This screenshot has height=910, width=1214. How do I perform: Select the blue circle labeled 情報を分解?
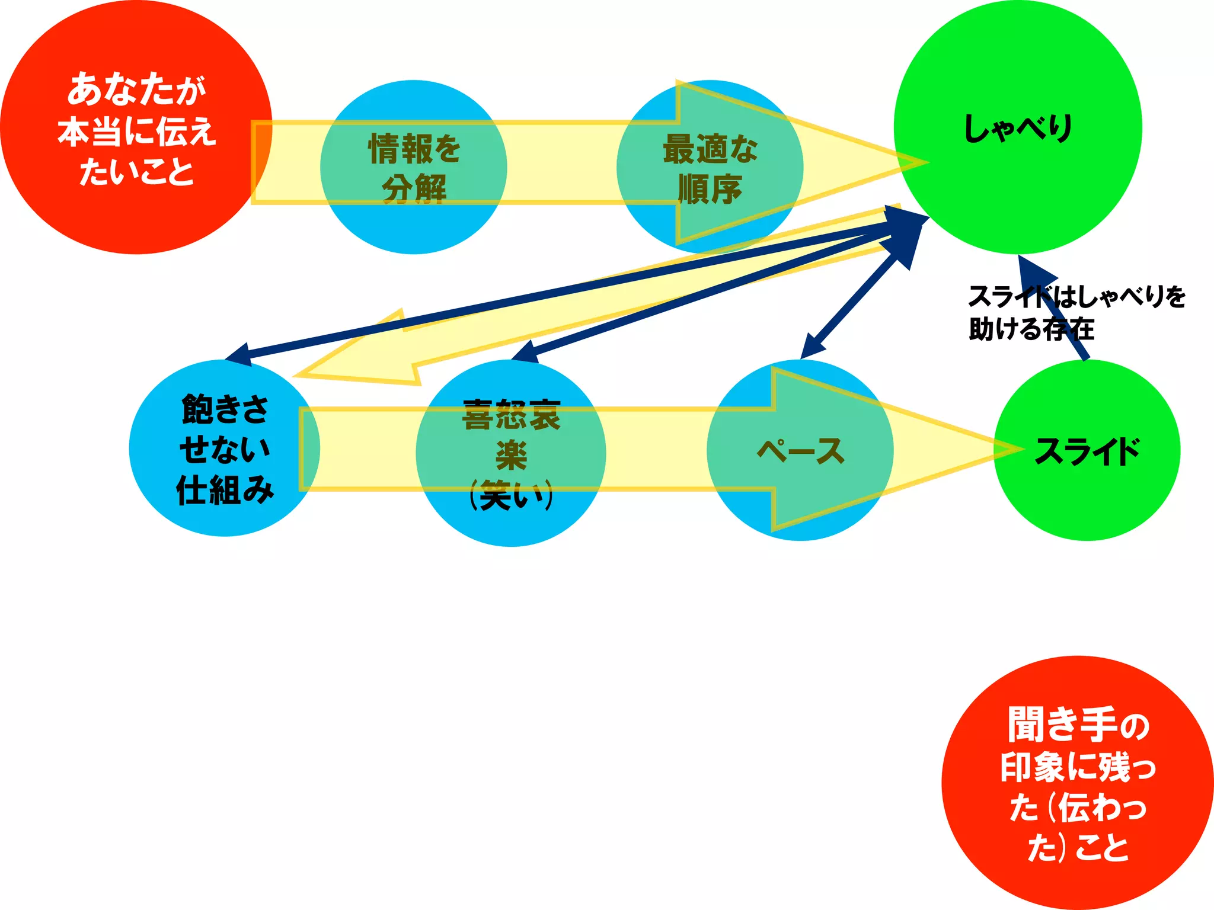tap(413, 225)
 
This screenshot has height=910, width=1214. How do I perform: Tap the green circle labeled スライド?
tap(1086, 504)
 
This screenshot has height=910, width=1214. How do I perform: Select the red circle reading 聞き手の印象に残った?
tap(1077, 782)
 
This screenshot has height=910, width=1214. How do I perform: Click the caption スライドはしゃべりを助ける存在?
tap(1076, 313)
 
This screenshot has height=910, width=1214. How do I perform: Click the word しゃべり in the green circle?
tap(1017, 128)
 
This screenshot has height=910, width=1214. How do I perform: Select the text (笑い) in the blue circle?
tap(511, 495)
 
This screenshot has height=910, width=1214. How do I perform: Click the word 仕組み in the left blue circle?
tap(225, 490)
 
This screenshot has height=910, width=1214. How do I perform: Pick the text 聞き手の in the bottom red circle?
tap(1078, 725)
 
